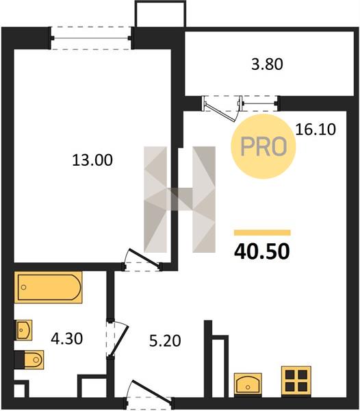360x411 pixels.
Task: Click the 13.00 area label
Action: [92, 160]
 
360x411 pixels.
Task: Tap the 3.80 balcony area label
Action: [267, 64]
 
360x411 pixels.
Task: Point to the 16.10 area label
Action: [316, 129]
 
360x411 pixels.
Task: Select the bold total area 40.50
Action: [262, 251]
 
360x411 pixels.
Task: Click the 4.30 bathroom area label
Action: [67, 338]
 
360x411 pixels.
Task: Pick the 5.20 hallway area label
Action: [165, 341]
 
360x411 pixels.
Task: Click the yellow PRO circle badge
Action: [263, 147]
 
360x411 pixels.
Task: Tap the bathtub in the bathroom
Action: [49, 287]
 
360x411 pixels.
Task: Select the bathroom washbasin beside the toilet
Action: [24, 330]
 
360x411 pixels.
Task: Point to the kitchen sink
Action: [248, 384]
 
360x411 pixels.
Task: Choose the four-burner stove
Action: [296, 380]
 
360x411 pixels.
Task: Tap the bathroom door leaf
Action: [119, 340]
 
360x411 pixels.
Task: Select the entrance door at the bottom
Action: [151, 390]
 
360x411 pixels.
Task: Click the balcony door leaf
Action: [220, 112]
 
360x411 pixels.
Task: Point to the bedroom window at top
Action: [91, 38]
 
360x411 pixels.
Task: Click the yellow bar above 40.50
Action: [262, 233]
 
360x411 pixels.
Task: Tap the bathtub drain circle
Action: [23, 287]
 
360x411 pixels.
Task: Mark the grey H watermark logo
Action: [179, 199]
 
